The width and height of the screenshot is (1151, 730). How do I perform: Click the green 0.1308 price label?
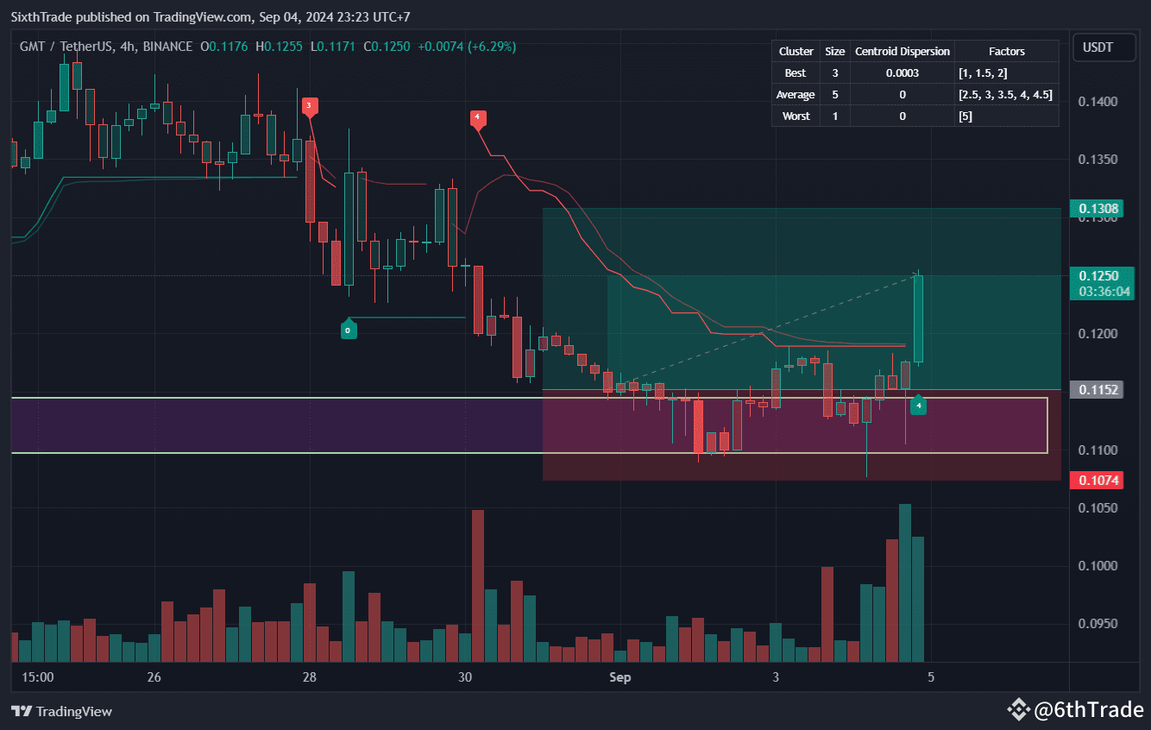point(1098,208)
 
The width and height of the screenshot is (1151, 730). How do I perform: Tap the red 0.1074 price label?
point(1098,480)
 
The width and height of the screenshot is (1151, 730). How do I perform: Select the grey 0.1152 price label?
point(1098,390)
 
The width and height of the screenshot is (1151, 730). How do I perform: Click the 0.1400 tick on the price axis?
point(1098,102)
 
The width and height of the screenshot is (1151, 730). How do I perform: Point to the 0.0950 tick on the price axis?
point(1098,623)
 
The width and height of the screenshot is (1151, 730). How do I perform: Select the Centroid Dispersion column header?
point(902,51)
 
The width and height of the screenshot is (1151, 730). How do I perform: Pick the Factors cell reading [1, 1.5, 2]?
point(982,72)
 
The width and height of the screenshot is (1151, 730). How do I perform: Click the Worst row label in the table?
point(795,116)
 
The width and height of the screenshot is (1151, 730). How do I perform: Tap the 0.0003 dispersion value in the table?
point(902,72)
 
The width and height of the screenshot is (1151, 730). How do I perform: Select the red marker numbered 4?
point(476,117)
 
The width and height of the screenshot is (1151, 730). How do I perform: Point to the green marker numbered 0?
point(348,330)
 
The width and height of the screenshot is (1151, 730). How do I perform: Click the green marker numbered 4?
point(919,405)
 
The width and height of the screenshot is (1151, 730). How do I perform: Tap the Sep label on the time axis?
point(620,677)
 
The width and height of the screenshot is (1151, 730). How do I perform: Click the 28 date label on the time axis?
point(310,677)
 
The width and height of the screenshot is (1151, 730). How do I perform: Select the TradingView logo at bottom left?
point(62,712)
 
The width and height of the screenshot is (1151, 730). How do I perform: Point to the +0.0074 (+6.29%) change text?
point(467,47)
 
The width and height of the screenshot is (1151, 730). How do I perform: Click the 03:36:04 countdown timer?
point(1104,292)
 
